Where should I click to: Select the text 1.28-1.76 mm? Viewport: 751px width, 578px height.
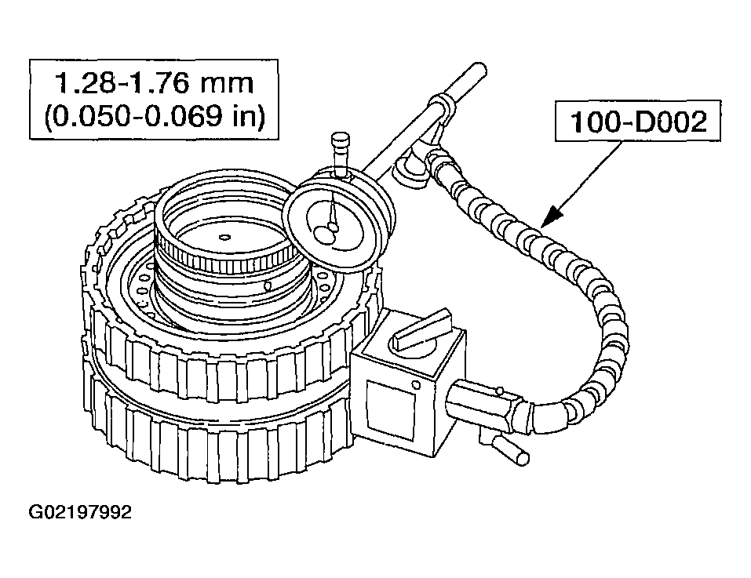click(x=154, y=83)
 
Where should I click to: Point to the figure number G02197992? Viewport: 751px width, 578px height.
click(x=80, y=513)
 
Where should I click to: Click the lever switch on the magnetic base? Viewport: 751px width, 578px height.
click(x=424, y=329)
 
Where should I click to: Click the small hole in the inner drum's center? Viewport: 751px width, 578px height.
click(x=224, y=236)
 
